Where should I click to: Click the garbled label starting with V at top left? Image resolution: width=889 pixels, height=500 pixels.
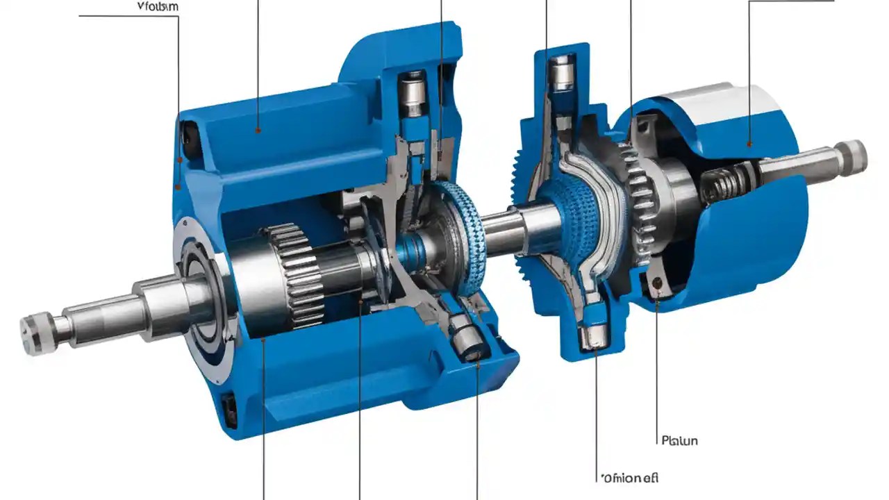(x=158, y=6)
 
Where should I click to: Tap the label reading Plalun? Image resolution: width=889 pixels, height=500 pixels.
(x=679, y=440)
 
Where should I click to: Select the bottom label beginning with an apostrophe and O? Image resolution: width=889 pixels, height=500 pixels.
(x=629, y=478)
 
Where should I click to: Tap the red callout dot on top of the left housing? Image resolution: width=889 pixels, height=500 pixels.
(x=258, y=129)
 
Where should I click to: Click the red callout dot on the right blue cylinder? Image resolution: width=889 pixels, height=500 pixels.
(x=749, y=144)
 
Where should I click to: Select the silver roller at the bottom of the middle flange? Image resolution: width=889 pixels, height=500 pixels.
(x=591, y=337)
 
